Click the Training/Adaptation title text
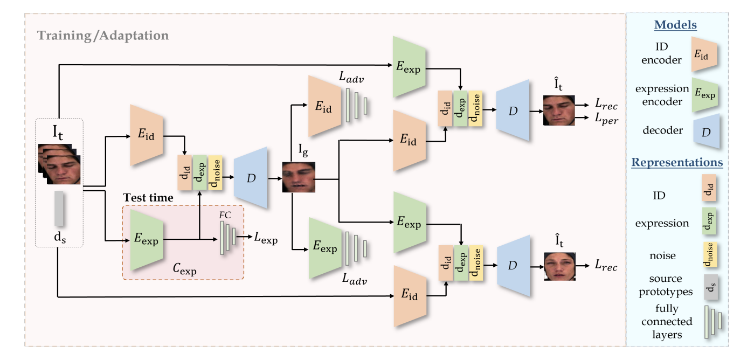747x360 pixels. click(x=102, y=37)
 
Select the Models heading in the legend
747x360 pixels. click(x=675, y=25)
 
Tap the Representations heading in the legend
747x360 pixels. click(x=677, y=162)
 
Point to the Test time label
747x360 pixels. click(x=148, y=198)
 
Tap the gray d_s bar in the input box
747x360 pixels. click(x=59, y=209)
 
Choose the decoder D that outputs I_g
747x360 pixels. click(x=251, y=177)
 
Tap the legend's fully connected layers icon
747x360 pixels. click(x=712, y=322)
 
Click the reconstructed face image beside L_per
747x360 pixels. click(x=555, y=110)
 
